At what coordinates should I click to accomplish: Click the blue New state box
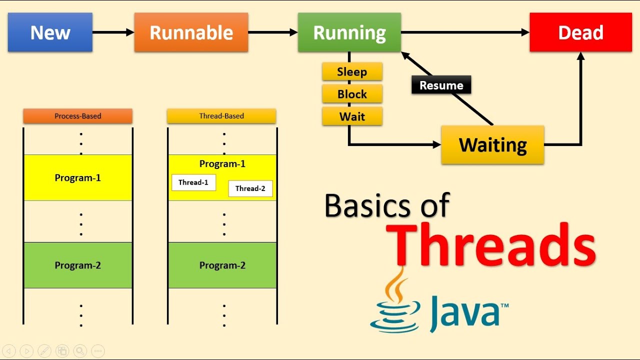click(50, 32)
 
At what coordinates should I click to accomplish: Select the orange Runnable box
click(191, 33)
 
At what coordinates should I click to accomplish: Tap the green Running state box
click(349, 33)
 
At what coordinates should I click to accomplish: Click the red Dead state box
click(580, 33)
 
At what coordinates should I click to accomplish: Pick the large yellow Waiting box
click(492, 145)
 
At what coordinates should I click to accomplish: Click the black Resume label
click(441, 85)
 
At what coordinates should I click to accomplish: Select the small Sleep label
click(352, 71)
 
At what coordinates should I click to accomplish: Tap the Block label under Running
click(352, 94)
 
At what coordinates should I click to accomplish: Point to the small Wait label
click(352, 116)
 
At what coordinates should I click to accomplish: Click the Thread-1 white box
click(193, 182)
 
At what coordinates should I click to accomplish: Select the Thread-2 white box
click(250, 188)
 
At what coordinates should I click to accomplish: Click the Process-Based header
click(77, 116)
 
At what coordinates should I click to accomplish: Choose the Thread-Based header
click(221, 116)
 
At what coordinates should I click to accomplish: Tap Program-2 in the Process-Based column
click(77, 265)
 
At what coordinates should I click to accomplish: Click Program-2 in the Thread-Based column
click(222, 265)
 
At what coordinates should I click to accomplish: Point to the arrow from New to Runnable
click(113, 32)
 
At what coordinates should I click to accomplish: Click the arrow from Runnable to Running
click(272, 32)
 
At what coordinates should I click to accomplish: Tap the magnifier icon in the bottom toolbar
click(79, 351)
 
